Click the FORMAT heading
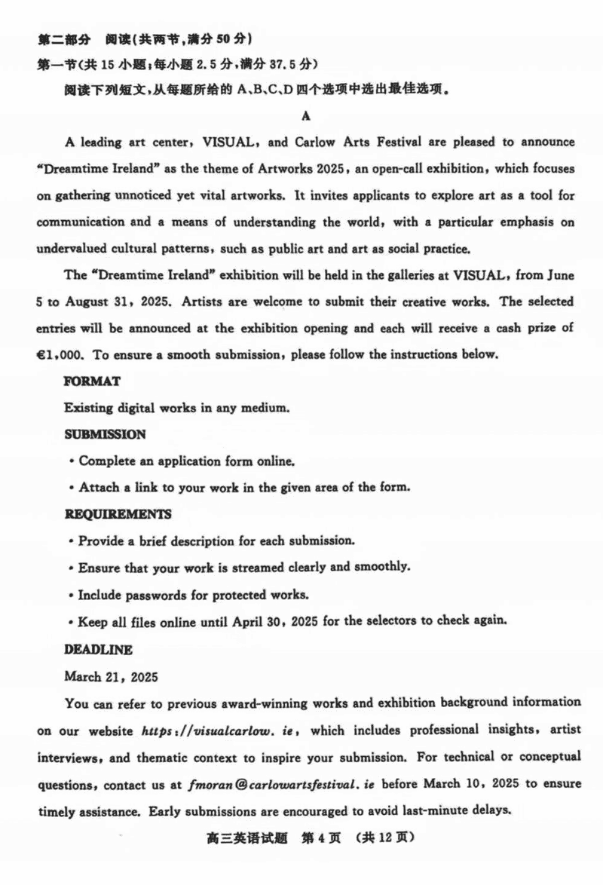pyautogui.click(x=92, y=381)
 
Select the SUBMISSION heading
pyautogui.click(x=106, y=434)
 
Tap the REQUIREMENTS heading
pyautogui.click(x=118, y=514)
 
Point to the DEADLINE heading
pyautogui.click(x=98, y=649)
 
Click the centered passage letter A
pyautogui.click(x=305, y=115)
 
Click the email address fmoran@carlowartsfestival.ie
pyautogui.click(x=282, y=784)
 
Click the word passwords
pyautogui.click(x=155, y=595)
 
